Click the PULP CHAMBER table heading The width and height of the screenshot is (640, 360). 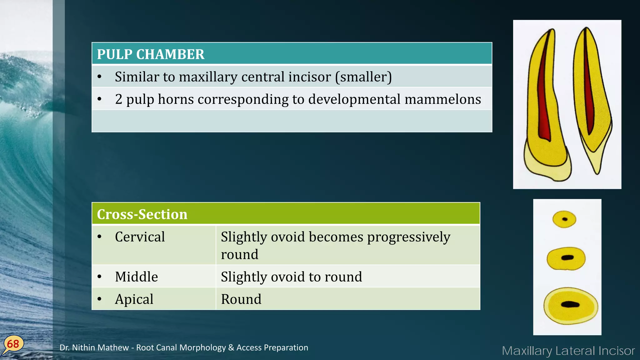click(150, 54)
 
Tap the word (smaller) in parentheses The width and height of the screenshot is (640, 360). click(363, 77)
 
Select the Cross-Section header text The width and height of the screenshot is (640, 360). click(142, 214)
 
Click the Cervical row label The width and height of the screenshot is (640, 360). click(140, 237)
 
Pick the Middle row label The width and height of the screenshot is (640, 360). click(136, 277)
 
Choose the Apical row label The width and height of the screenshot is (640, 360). click(134, 299)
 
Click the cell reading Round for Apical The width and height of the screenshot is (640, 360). click(241, 299)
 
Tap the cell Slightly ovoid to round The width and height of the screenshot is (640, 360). click(291, 277)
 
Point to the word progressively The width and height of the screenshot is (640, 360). click(408, 237)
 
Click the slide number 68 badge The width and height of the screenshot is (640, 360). click(13, 344)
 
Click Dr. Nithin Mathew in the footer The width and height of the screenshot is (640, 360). click(94, 347)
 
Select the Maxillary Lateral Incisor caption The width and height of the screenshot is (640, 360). click(568, 351)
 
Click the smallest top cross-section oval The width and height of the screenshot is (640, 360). click(564, 219)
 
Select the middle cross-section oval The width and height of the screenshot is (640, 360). click(566, 258)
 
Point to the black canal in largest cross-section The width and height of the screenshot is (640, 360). click(570, 304)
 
